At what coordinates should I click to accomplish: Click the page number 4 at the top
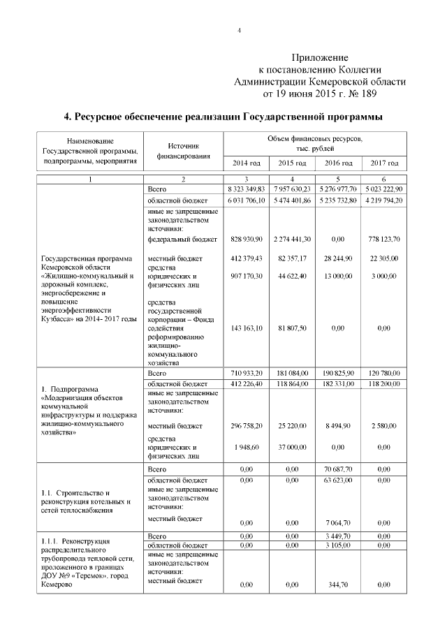point(239,30)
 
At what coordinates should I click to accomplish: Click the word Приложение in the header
point(319,57)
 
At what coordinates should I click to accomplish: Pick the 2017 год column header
point(384,163)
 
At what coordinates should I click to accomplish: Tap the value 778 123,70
point(384,239)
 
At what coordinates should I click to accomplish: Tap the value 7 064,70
point(338,522)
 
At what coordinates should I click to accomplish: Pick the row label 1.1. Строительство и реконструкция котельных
point(85,501)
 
